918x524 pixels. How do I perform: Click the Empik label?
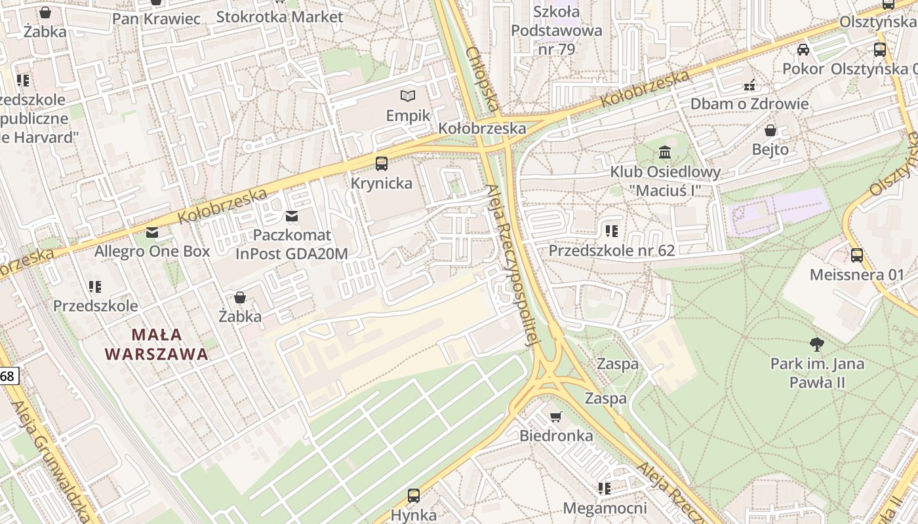pos(408,116)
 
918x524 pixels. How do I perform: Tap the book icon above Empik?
pos(408,96)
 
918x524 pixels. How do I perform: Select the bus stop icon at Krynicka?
pos(381,164)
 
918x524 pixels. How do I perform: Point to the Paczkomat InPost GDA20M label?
pos(292,244)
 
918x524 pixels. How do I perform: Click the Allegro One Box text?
pos(152,252)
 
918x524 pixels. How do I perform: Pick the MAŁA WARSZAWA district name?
pos(156,345)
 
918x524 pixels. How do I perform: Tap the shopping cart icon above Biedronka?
pos(556,417)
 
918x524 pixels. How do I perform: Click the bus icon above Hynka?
pos(413,496)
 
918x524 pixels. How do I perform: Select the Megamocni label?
pos(605,508)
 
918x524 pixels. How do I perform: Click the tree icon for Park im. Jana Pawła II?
pos(816,344)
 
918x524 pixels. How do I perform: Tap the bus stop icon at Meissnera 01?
pos(856,255)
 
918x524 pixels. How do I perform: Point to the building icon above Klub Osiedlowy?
pos(665,153)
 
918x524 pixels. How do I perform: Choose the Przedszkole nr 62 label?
pos(611,251)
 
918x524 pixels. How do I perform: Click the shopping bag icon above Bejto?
pos(770,130)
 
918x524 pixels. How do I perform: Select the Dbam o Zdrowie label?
pos(749,104)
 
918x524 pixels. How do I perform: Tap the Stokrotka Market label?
pos(279,17)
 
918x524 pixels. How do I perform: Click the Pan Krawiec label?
pos(156,18)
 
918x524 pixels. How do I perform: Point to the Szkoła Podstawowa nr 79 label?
pos(556,30)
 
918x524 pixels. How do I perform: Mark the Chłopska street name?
pos(483,79)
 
